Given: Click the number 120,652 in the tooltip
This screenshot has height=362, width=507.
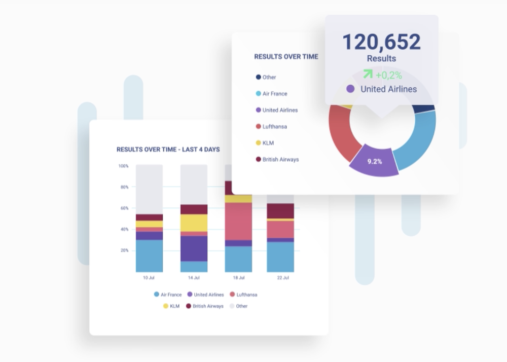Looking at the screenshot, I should click(x=381, y=42).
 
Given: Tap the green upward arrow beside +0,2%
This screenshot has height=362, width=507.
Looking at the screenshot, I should click(x=368, y=75).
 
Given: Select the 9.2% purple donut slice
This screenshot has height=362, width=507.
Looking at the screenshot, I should click(x=375, y=162).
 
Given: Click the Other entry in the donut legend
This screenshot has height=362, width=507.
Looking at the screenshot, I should click(x=269, y=77).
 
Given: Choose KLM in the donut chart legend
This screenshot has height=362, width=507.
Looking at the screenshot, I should click(x=269, y=143).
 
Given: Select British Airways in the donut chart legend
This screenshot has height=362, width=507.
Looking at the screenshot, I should click(x=280, y=159).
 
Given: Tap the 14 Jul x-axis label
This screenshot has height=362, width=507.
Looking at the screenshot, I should click(x=193, y=278).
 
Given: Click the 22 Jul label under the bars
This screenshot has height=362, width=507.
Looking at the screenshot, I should click(x=282, y=278).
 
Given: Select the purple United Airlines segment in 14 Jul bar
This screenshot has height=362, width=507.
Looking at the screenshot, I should click(x=194, y=248).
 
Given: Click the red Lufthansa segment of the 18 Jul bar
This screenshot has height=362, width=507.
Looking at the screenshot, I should click(x=238, y=221).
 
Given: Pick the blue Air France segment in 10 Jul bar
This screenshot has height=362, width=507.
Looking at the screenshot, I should click(x=149, y=256).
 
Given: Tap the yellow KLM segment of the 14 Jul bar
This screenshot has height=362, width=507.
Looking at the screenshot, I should click(x=194, y=223).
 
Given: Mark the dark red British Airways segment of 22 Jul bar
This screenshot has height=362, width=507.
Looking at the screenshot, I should click(x=280, y=211).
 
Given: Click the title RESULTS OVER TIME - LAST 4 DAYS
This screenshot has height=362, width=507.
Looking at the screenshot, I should click(x=168, y=150).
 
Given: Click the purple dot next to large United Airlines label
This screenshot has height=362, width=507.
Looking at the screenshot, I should click(x=350, y=89).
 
